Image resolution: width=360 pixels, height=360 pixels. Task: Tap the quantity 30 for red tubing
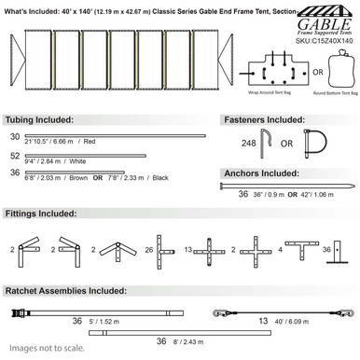14,136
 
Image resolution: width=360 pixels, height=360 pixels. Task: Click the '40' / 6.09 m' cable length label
294,321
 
